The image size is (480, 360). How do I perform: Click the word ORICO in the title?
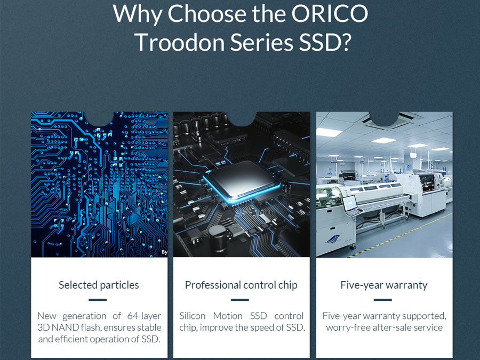330,13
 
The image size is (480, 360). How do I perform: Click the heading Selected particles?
99,285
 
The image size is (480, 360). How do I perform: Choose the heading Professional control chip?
241,285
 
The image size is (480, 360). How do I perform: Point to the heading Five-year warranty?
384,285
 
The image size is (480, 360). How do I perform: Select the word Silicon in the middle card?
192,316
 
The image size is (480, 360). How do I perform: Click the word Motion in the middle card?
228,316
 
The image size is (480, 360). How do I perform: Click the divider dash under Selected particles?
98,300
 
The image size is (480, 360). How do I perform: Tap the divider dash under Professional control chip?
240,300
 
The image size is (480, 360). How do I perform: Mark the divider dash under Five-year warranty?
382,300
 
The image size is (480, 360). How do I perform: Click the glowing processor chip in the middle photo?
242,181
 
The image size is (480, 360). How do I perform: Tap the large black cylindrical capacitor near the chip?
218,238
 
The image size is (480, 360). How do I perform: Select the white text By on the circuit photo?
164,252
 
